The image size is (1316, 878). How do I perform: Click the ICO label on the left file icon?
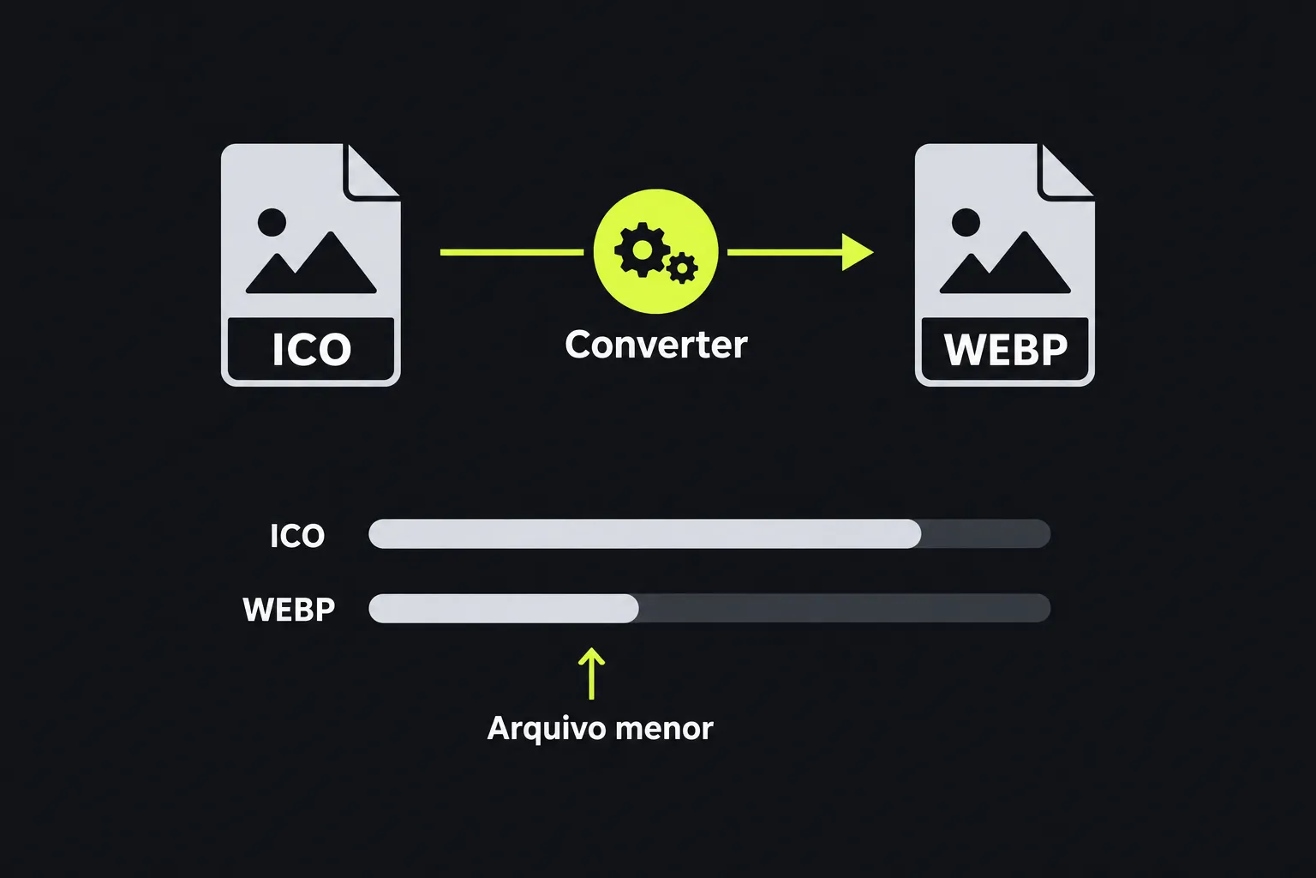click(311, 349)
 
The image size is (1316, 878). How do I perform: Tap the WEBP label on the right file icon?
click(1005, 349)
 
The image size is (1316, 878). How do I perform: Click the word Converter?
click(655, 345)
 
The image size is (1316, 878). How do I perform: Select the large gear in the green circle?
click(642, 250)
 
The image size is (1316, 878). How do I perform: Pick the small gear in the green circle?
click(682, 268)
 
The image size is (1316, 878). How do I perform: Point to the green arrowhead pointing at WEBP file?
click(858, 252)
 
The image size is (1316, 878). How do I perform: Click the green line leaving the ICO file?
click(511, 252)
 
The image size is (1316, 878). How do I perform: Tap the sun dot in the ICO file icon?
click(272, 222)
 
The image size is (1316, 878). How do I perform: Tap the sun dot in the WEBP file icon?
click(966, 222)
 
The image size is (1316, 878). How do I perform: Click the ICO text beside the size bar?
click(297, 536)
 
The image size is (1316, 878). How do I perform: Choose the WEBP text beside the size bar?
click(289, 610)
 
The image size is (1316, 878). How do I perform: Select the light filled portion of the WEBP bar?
click(504, 608)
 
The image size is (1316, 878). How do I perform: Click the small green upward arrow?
click(592, 674)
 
